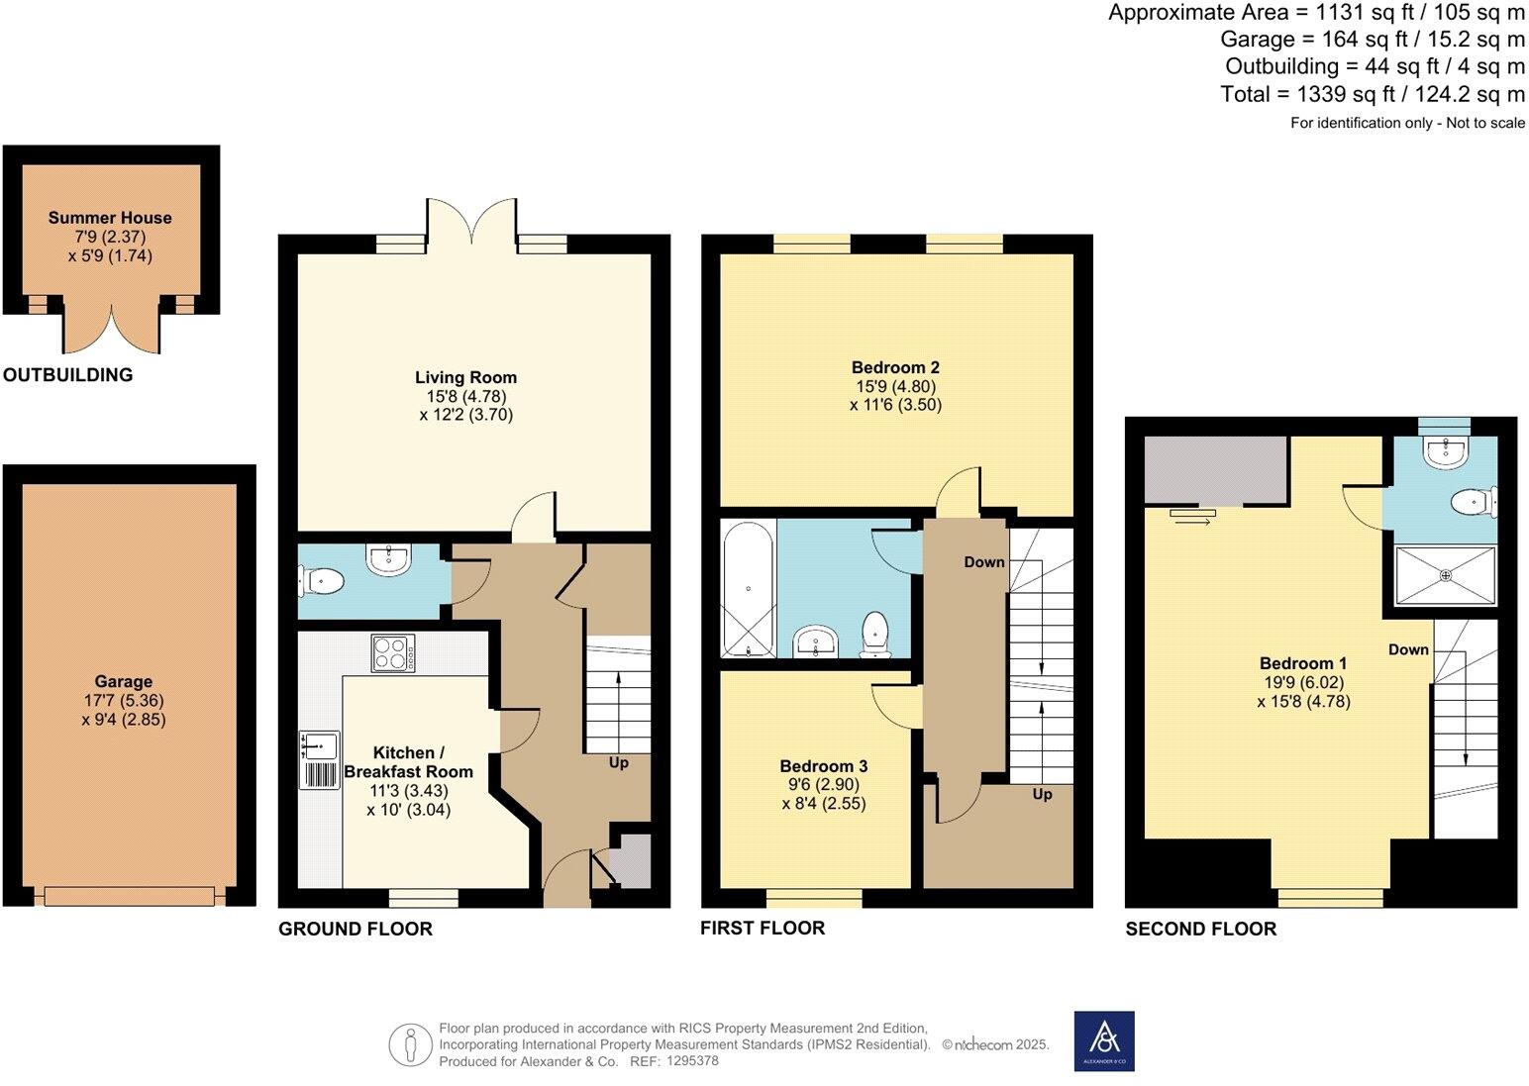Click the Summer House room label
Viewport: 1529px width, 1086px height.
pos(110,218)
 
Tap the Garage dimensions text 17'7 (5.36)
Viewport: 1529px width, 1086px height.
pos(124,700)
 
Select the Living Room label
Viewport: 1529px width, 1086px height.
pos(465,377)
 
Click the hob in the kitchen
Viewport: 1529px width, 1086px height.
pos(393,653)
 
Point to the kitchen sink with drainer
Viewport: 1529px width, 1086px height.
pos(319,759)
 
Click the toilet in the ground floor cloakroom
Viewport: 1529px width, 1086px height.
pos(321,581)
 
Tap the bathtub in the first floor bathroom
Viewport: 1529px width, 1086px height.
pos(748,589)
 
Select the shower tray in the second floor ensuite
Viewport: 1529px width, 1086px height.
pos(1445,575)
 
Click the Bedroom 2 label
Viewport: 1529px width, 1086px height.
pos(895,368)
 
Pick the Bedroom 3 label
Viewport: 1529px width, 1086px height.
pos(823,765)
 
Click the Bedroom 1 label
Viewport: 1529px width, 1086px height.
pos(1303,663)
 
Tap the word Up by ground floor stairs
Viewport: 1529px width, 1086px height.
pos(619,762)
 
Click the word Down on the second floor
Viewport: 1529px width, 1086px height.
pos(1408,649)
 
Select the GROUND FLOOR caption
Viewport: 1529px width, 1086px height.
pos(356,929)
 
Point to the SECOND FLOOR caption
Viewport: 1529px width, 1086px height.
pos(1200,929)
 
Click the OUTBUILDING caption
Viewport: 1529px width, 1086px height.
pos(67,375)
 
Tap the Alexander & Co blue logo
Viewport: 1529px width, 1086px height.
pos(1104,1040)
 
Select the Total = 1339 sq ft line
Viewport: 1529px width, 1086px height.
pos(1373,95)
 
